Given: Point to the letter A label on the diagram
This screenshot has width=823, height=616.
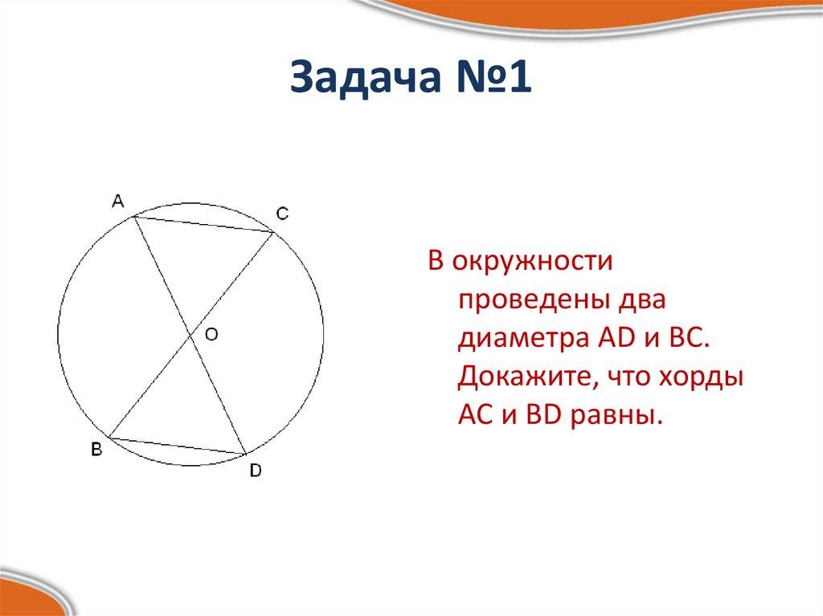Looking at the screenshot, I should coord(117,201).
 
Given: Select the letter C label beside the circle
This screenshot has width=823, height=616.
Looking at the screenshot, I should coord(282,214).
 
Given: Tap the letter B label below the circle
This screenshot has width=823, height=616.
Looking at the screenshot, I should coord(96,451).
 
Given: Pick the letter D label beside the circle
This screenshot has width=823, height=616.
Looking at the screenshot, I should coord(255,471).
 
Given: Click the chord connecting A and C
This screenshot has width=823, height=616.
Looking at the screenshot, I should coord(203,224).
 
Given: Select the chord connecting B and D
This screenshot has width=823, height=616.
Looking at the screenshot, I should coord(177,446).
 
